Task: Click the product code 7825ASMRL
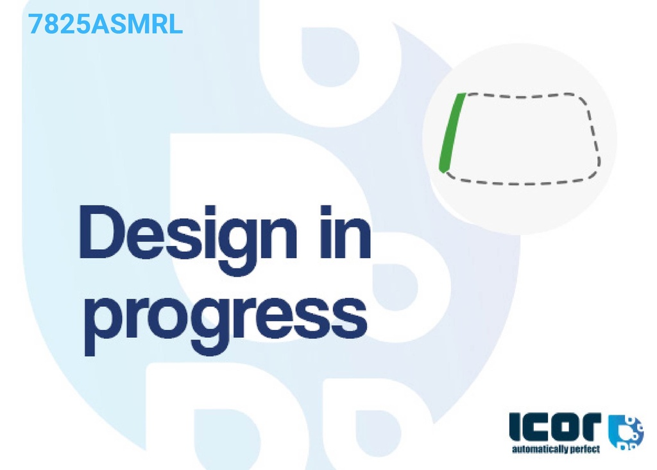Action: (105, 24)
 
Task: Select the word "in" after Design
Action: (345, 232)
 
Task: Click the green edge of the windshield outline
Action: (451, 132)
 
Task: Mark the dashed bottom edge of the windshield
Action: (520, 182)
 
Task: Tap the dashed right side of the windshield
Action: (592, 134)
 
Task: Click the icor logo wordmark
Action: (555, 427)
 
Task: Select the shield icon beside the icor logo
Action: (625, 432)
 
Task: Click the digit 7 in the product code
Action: (35, 24)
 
